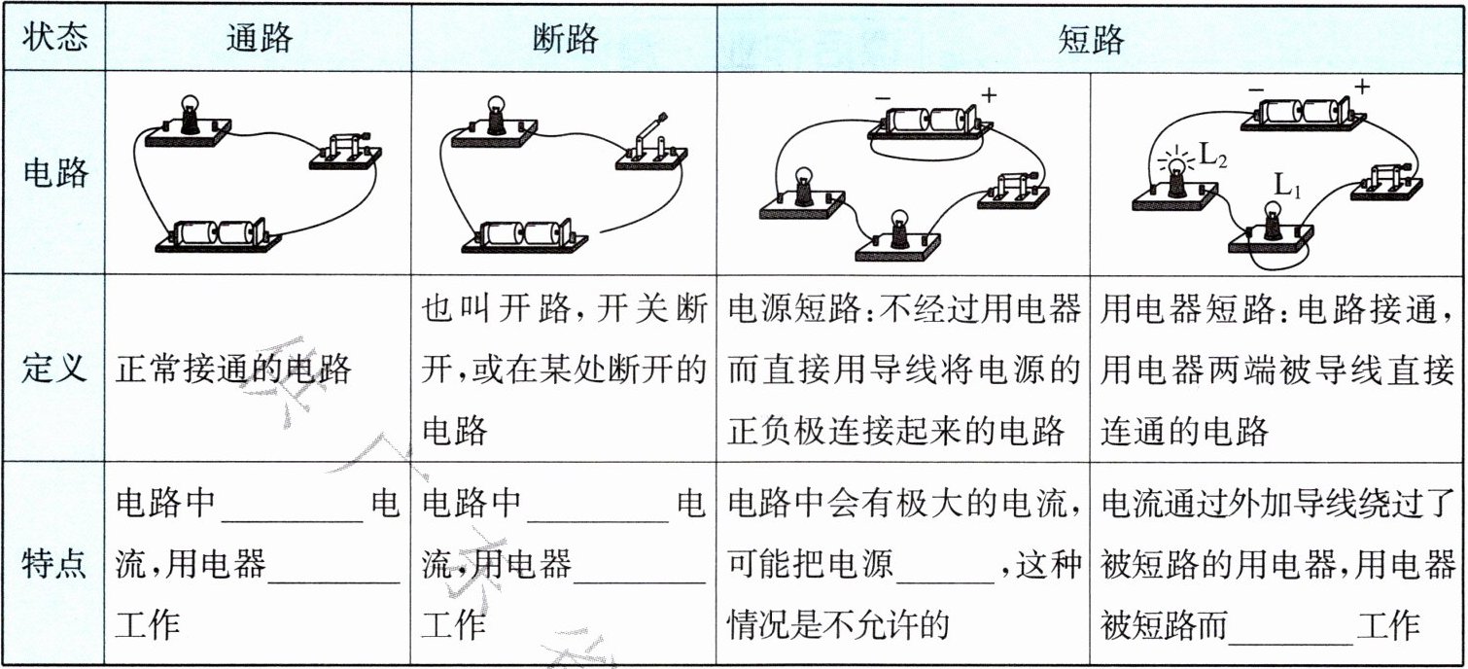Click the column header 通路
coord(259,39)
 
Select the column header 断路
coord(565,39)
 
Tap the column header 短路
coord(1091,39)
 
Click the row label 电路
coord(54,172)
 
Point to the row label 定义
coord(54,369)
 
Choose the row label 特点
coord(54,565)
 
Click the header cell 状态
coord(54,39)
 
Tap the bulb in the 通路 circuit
coord(190,116)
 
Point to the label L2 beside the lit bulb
coord(1214,156)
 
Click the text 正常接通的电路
coord(233,369)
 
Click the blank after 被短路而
coord(1291,627)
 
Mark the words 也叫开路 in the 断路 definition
coord(485,311)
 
